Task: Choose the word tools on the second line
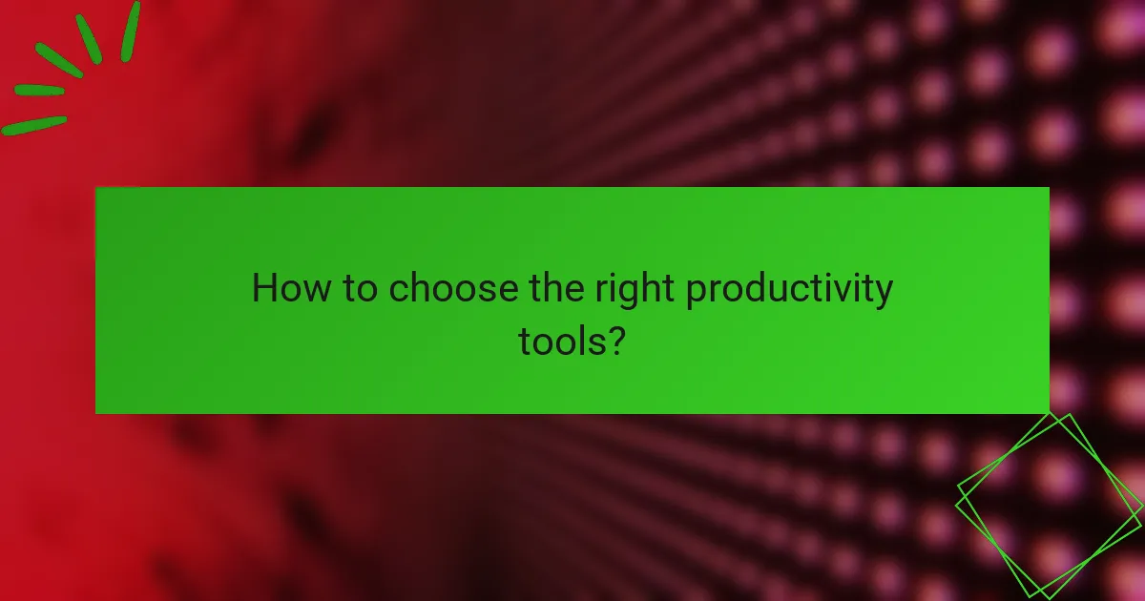(x=561, y=340)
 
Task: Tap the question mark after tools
(x=616, y=340)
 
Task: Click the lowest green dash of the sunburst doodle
(x=34, y=125)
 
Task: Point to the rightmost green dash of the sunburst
(x=130, y=31)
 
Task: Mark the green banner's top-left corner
(x=96, y=188)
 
